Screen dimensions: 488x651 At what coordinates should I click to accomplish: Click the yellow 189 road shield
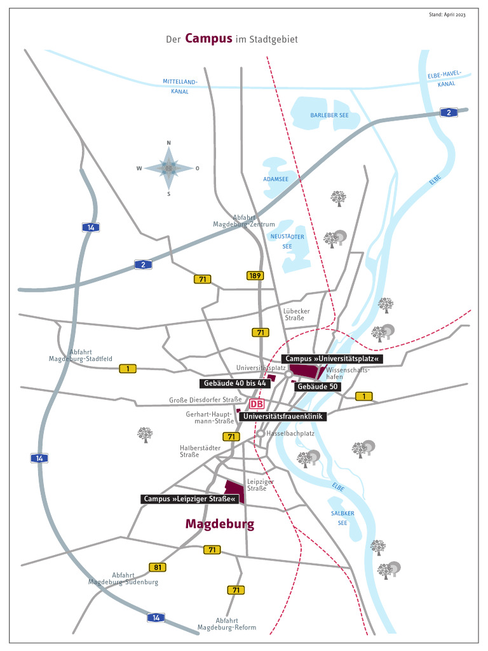255,275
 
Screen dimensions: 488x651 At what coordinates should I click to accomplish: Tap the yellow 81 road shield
158,566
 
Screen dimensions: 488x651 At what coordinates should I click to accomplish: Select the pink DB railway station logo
257,404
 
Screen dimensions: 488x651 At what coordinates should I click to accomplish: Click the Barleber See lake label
330,115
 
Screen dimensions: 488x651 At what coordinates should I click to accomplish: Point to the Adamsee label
276,179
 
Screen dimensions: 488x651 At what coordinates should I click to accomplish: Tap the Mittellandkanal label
180,86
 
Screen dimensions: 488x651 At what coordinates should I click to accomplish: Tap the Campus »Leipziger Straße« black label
189,499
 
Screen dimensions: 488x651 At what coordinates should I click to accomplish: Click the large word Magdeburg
220,524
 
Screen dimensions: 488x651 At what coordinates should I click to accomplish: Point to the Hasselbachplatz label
290,433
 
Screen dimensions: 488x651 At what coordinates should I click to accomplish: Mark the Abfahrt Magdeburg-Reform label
227,624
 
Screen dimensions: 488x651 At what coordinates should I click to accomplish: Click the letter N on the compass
168,143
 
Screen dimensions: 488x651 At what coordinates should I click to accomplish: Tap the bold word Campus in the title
208,38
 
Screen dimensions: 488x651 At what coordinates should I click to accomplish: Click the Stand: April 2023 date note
447,14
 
